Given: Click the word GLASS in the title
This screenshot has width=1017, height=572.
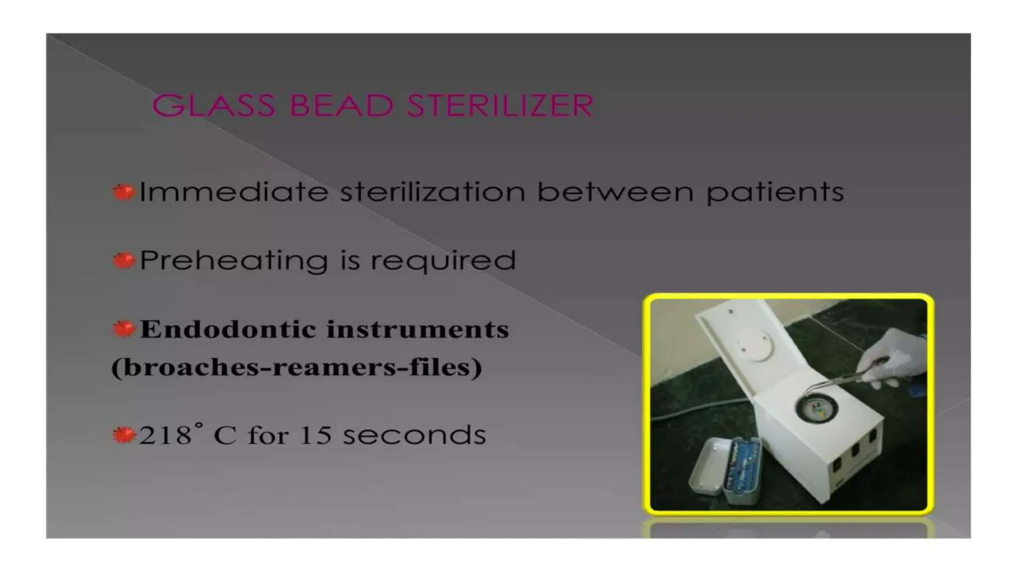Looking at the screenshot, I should pyautogui.click(x=214, y=105).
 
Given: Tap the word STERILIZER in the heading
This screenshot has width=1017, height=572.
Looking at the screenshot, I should pyautogui.click(x=500, y=105).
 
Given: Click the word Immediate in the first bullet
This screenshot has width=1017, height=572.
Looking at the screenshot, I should pyautogui.click(x=234, y=192).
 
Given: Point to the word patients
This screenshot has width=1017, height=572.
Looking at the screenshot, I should pyautogui.click(x=775, y=193).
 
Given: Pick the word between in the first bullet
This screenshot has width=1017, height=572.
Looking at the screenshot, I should pyautogui.click(x=615, y=192).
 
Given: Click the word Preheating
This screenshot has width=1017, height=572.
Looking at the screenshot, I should pyautogui.click(x=234, y=261).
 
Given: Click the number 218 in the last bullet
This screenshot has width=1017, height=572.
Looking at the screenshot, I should pyautogui.click(x=165, y=435).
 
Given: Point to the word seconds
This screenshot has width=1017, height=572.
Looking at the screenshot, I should pyautogui.click(x=414, y=435).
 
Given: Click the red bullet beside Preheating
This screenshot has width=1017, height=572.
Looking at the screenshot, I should pyautogui.click(x=124, y=260).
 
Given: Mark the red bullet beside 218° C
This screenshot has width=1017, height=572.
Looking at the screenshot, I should pyautogui.click(x=124, y=435).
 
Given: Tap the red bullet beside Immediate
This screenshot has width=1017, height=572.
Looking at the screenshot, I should pyautogui.click(x=124, y=192).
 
